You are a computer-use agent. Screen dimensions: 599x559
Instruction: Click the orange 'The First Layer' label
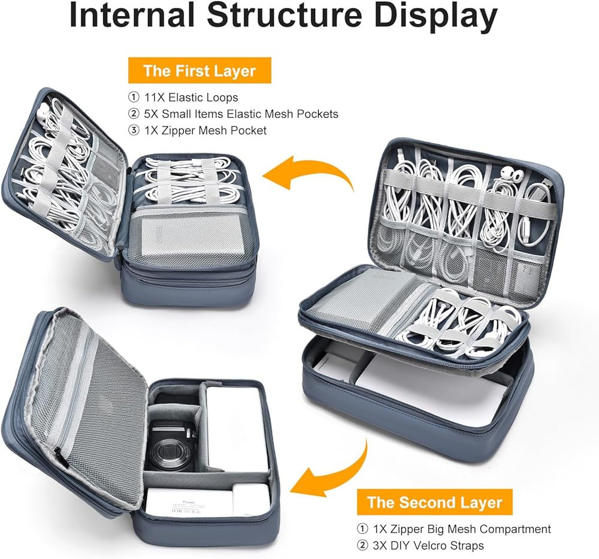(199, 71)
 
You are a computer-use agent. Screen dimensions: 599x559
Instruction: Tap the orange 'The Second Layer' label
(435, 502)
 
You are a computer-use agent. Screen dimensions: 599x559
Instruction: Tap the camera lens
(169, 451)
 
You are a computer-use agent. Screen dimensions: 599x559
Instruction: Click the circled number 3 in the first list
(134, 130)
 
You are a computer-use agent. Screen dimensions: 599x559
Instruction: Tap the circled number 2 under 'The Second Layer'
(362, 545)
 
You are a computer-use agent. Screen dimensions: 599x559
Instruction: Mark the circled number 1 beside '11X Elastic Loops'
(134, 98)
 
